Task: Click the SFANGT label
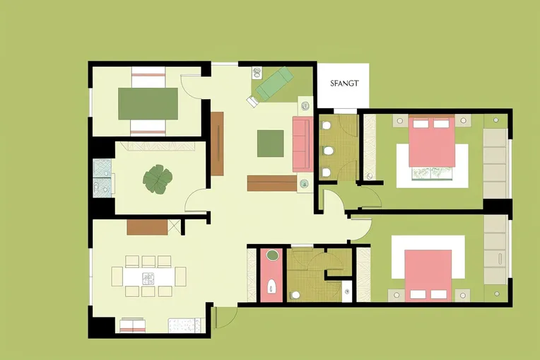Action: pyautogui.click(x=344, y=83)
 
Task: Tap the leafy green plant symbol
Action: pyautogui.click(x=157, y=179)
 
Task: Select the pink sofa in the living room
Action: pyautogui.click(x=301, y=144)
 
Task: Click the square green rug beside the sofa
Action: pyautogui.click(x=270, y=143)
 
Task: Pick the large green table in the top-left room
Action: pyautogui.click(x=148, y=103)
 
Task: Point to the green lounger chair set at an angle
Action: pyautogui.click(x=270, y=83)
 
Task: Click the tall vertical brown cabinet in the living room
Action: pyautogui.click(x=217, y=144)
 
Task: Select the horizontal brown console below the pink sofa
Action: pyautogui.click(x=271, y=183)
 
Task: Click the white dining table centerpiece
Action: pyautogui.click(x=148, y=277)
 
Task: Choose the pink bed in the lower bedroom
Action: pyautogui.click(x=428, y=272)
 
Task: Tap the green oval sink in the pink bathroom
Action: pyautogui.click(x=271, y=255)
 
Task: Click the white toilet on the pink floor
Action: pyautogui.click(x=271, y=287)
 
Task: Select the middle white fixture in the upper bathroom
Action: pyautogui.click(x=327, y=151)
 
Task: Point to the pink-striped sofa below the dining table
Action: pyautogui.click(x=131, y=325)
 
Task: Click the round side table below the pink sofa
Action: pyautogui.click(x=304, y=185)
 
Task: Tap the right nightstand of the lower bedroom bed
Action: pyautogui.click(x=462, y=294)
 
